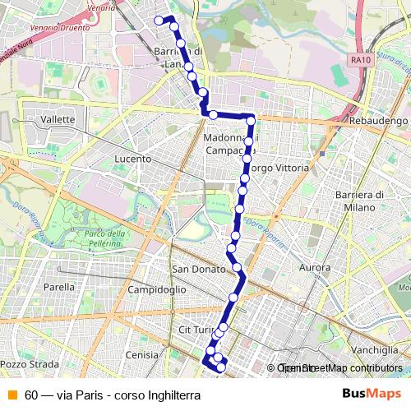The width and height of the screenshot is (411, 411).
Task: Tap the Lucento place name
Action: (x=133, y=159)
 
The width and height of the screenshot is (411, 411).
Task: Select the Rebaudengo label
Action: (x=378, y=121)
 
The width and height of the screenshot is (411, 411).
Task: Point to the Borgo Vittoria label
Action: (x=279, y=168)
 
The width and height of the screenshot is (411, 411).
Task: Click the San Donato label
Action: (x=193, y=269)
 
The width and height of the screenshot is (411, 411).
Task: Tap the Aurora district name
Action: (x=315, y=268)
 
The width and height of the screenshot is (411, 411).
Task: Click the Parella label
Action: (x=59, y=287)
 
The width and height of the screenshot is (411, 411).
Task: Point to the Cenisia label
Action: (x=141, y=354)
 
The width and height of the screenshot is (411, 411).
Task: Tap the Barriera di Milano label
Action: (x=360, y=201)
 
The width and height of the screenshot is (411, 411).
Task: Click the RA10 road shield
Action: (x=359, y=59)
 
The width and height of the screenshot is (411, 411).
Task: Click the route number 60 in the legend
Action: (x=31, y=395)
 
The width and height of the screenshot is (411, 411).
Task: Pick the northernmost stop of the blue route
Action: (x=159, y=20)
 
